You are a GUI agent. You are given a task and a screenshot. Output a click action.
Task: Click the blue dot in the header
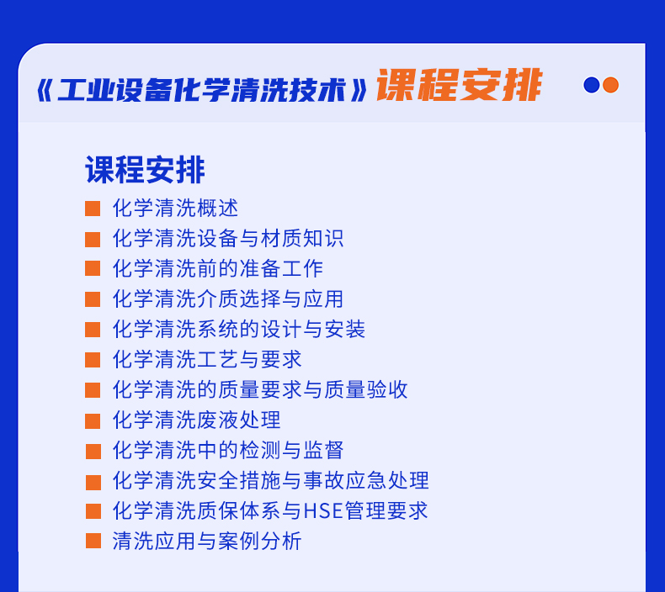coord(591,85)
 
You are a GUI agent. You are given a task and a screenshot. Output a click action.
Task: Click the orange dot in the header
coord(611,85)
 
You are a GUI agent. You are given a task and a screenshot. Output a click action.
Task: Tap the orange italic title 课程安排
coord(460,85)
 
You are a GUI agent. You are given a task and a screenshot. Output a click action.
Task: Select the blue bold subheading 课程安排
coord(145,170)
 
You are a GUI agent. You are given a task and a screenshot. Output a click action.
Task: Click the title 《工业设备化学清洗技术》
coord(202,90)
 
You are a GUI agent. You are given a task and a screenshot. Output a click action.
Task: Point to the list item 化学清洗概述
coord(175,208)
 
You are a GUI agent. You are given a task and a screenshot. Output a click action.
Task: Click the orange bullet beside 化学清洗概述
coord(93,209)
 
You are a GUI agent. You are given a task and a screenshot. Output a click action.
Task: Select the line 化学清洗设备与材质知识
coord(228,239)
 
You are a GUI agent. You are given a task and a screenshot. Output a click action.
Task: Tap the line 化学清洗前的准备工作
coord(217,268)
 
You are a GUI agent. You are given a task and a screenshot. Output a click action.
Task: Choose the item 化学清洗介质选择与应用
coord(228,299)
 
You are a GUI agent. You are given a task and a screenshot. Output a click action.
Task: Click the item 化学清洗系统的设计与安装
coord(239,330)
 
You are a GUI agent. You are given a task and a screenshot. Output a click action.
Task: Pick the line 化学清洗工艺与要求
coord(207,359)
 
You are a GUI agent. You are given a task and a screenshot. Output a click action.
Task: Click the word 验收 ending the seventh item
coord(387,390)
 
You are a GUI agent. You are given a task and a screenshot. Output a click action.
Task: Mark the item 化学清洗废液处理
coord(196,420)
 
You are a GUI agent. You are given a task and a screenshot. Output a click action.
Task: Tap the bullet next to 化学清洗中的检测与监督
coord(93,452)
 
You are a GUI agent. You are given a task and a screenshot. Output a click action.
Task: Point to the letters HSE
coord(323,511)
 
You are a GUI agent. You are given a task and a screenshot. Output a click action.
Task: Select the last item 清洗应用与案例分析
coord(207,542)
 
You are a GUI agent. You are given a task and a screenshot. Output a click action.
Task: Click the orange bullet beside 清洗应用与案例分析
coord(93,541)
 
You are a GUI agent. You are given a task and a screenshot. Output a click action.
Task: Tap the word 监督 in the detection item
coord(323,450)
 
